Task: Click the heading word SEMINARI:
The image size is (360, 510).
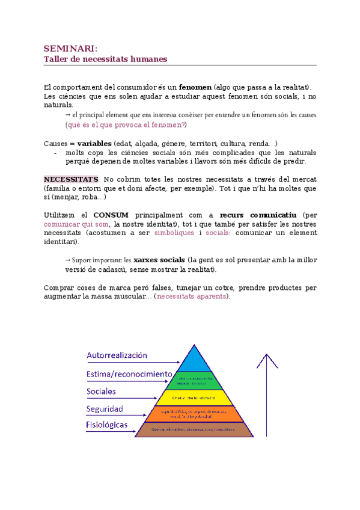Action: click(70, 48)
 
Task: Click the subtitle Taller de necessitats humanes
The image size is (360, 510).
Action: click(105, 59)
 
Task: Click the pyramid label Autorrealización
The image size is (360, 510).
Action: click(117, 355)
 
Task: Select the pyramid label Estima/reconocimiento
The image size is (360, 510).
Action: click(129, 374)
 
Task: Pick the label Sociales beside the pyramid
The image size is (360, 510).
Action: click(102, 392)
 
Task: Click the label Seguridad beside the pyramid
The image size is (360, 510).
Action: click(105, 409)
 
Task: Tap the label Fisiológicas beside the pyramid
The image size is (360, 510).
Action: click(107, 425)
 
